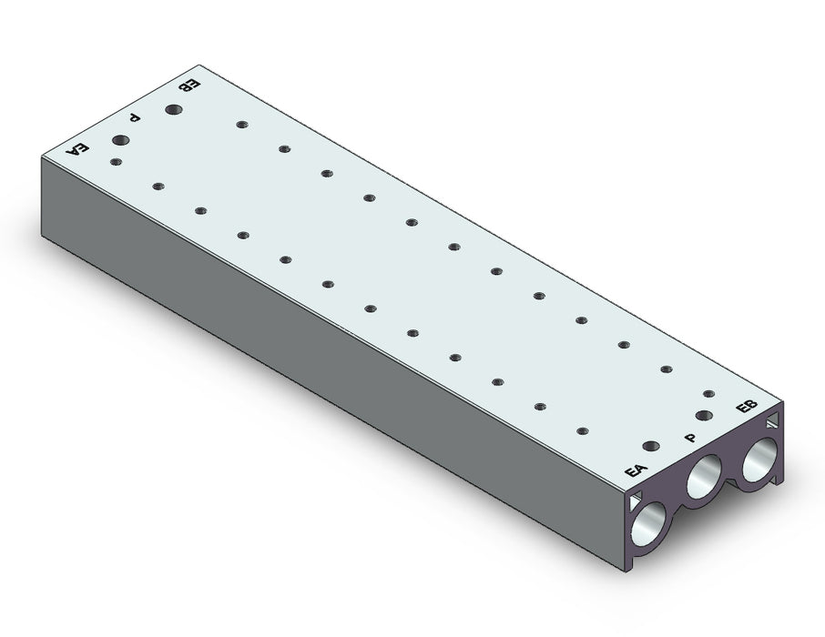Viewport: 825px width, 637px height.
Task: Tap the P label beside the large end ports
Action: pos(690,438)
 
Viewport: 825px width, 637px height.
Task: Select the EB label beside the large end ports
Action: pos(747,407)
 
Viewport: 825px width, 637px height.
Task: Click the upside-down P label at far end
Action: pos(135,117)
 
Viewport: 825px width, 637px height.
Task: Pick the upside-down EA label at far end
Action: pos(76,149)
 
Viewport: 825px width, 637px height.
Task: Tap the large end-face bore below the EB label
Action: pos(759,458)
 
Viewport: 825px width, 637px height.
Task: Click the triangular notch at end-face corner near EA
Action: pos(636,500)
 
